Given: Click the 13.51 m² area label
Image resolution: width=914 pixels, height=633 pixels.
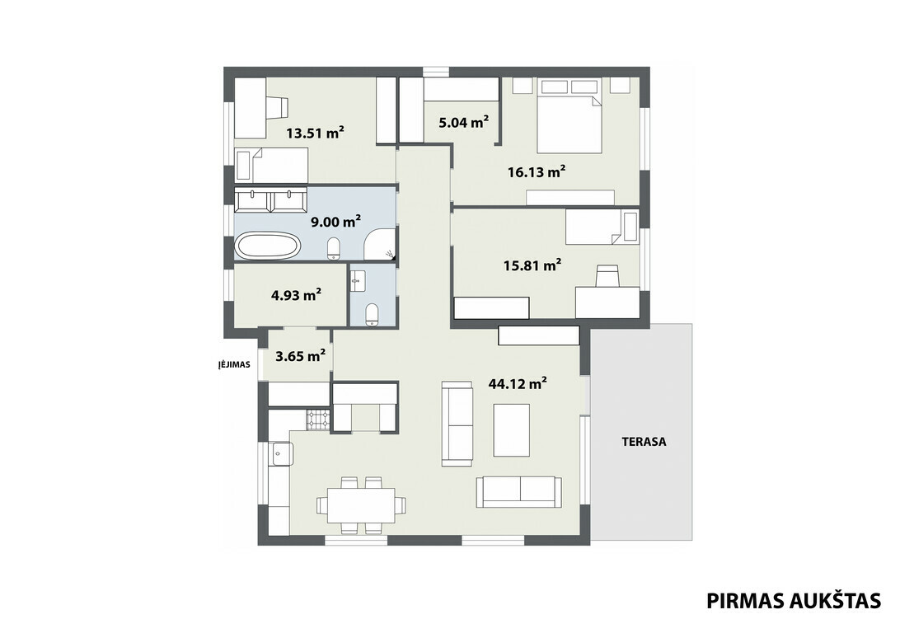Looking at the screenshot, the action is (x=315, y=133).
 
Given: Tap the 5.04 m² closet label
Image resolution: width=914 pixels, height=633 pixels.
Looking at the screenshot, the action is (x=463, y=123).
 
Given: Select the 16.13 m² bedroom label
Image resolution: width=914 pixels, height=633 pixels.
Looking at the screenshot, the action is (x=537, y=172).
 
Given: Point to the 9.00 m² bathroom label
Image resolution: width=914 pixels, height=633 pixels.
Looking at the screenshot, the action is (x=335, y=222).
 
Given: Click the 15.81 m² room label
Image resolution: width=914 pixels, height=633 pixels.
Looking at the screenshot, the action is (x=532, y=265).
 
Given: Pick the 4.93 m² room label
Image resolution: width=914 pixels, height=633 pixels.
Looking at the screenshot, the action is (x=296, y=295).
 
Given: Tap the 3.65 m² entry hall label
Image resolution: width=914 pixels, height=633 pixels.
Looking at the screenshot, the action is (x=300, y=355).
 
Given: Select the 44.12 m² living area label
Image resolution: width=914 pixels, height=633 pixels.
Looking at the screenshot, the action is (x=518, y=383).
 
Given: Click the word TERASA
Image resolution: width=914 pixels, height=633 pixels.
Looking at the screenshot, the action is (x=644, y=441).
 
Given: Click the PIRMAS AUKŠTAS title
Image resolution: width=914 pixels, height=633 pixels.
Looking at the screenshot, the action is (x=794, y=601).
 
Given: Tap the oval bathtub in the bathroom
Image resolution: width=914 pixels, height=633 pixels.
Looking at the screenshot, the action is (x=268, y=246).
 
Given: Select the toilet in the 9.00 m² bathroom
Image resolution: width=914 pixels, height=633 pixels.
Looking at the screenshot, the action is (x=334, y=248).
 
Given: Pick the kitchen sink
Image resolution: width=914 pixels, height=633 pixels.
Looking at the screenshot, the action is (x=283, y=453).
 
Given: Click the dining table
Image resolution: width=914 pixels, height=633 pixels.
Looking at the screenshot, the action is (x=361, y=504).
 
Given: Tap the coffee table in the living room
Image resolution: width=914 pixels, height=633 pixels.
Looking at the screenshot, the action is (x=511, y=430).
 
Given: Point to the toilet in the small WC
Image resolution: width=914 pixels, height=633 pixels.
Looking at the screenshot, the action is (x=372, y=314).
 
